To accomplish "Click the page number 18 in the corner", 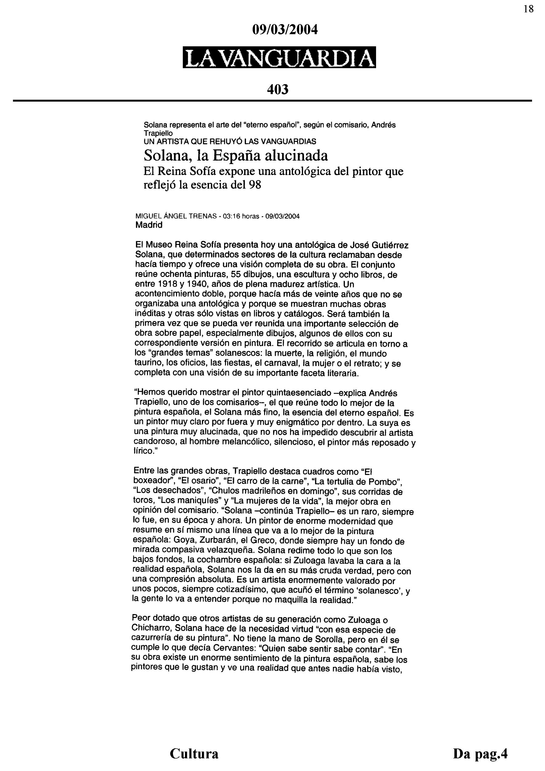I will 529,9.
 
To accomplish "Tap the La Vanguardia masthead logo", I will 279,57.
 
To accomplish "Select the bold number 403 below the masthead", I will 278,90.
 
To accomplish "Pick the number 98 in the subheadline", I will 255,185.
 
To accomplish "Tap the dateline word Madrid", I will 149,225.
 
